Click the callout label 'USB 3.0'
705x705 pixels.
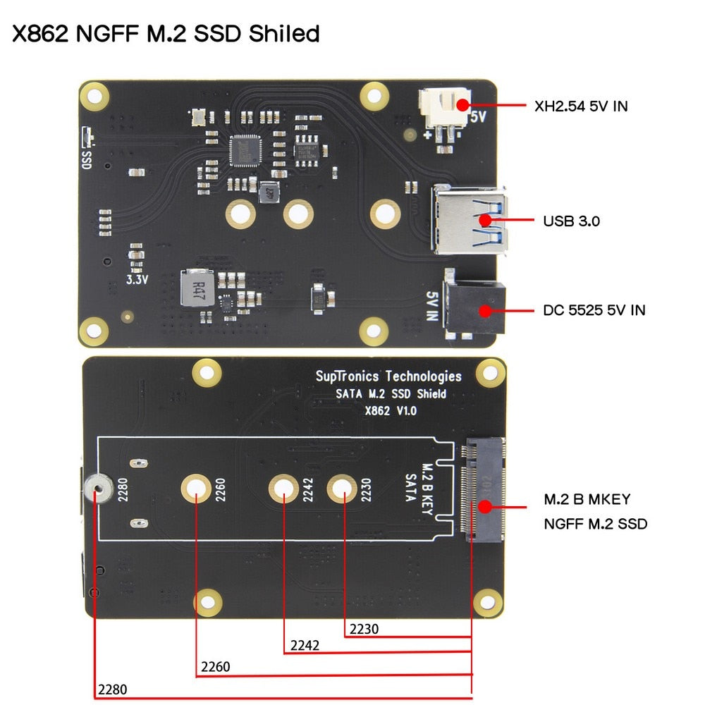coord(571,221)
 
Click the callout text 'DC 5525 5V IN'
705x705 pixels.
coord(594,309)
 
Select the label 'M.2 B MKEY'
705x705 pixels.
coord(587,499)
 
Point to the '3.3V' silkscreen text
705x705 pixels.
coord(137,279)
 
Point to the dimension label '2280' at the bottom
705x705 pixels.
coord(113,689)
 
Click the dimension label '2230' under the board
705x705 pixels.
coord(364,629)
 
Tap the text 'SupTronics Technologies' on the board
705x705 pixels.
coord(388,376)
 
